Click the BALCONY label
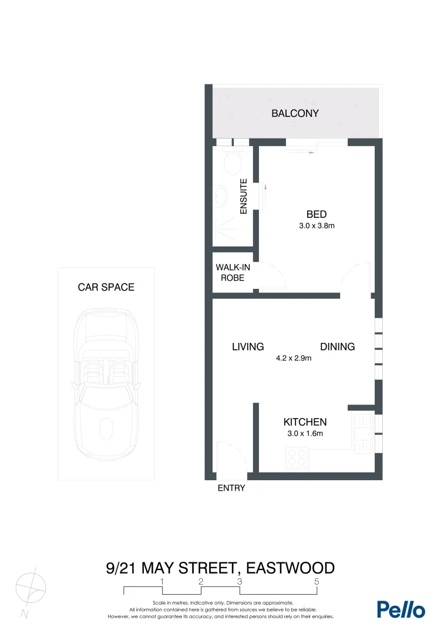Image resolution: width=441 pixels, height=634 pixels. coord(295,113)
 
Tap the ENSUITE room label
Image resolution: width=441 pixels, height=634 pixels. coord(244,196)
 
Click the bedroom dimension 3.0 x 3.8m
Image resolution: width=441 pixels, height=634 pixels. coord(316,225)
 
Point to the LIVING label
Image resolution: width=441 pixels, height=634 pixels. coord(247,347)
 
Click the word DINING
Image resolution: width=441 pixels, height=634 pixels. coord(338,347)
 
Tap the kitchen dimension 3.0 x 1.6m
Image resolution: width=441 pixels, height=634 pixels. coord(304,434)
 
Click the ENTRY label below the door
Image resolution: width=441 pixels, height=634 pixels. coord(231,488)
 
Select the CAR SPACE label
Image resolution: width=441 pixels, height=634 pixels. coord(106,288)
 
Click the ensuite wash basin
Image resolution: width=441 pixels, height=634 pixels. coord(222,194)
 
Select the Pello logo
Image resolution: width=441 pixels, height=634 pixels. coord(401,609)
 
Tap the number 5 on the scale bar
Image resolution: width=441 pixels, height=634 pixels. coord(317,581)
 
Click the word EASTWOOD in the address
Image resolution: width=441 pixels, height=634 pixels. coord(291,568)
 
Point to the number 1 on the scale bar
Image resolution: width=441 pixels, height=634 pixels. coord(162,581)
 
